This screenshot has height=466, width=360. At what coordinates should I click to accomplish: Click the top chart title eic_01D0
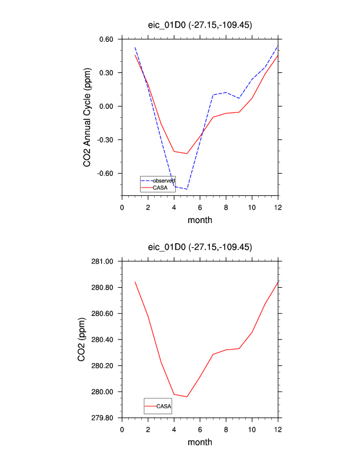199,24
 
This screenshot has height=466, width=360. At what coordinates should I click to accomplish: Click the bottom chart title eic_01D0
199,247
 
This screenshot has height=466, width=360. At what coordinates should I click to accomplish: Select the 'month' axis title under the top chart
199,220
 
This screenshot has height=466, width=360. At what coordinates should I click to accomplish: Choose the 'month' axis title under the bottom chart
199,442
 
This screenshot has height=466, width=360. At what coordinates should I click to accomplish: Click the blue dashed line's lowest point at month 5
187,189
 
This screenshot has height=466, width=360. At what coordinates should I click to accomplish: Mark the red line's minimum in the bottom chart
187,397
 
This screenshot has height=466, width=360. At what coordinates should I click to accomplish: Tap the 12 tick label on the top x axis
278,207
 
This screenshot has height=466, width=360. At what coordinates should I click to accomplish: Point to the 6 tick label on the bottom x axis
200,429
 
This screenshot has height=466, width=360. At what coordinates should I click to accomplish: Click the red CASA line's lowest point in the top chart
187,154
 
